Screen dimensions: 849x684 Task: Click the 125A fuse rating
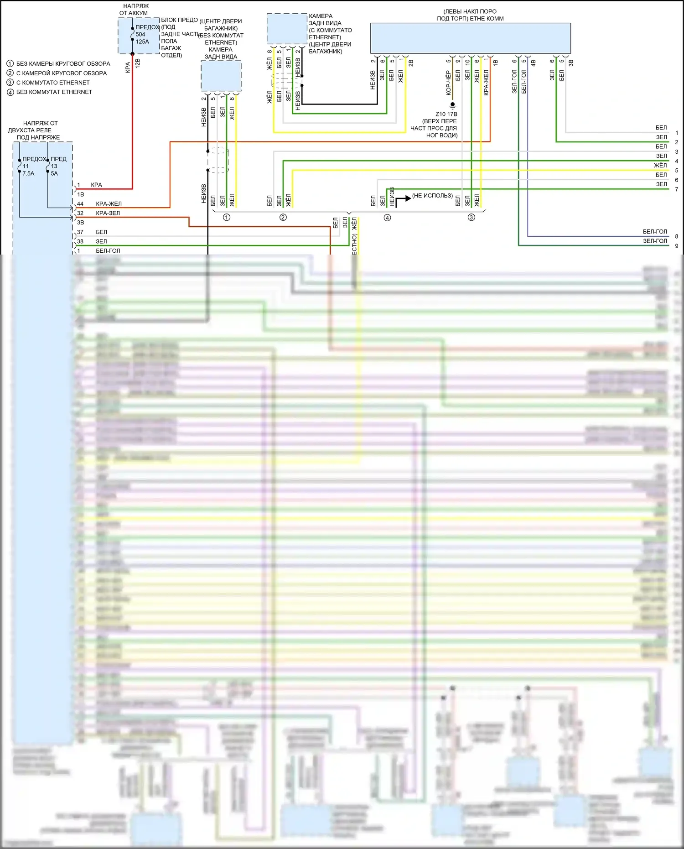142,42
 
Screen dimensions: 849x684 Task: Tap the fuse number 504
140,34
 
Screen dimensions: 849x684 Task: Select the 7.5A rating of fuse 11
28,173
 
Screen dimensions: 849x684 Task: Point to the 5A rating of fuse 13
54,173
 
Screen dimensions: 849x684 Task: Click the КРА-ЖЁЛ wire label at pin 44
109,204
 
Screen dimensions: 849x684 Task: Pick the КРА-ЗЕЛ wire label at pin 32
108,213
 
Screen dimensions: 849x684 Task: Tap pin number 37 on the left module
80,232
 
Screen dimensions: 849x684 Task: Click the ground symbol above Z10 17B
452,105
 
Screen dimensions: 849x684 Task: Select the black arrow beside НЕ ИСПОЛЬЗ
403,199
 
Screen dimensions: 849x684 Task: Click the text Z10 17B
446,114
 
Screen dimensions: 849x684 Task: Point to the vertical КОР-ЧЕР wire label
448,83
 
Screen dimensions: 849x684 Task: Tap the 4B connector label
533,63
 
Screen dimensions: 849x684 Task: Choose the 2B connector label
411,63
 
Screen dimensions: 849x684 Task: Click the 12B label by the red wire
138,63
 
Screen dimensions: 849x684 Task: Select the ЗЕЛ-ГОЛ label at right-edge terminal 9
655,241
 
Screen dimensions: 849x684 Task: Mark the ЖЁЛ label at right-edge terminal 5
660,165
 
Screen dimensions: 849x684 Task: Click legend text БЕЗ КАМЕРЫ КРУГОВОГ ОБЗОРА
63,64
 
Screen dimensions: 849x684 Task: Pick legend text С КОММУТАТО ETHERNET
53,83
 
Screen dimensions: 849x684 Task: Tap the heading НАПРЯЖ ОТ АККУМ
135,10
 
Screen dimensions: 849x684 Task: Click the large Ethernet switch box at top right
470,38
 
